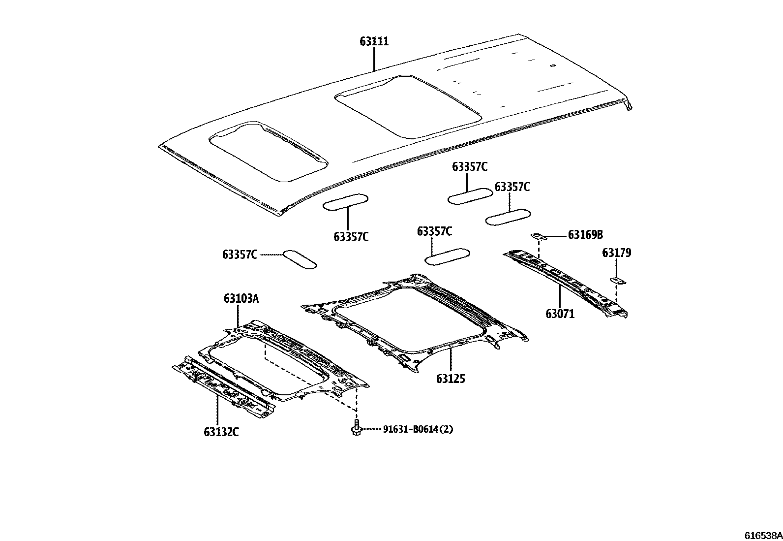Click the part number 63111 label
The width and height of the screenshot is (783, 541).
tap(374, 41)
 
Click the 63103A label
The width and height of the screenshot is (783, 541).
tap(241, 298)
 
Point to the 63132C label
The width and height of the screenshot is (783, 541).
tap(221, 432)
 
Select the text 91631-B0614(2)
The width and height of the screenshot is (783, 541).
tap(418, 429)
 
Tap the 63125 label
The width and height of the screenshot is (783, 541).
tap(451, 379)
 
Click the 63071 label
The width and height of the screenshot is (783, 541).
tap(560, 314)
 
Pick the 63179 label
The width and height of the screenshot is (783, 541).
tap(617, 253)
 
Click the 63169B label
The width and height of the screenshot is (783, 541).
tap(585, 235)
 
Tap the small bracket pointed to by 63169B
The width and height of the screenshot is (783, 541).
tap(540, 237)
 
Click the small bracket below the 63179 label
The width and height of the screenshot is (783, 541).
tap(618, 281)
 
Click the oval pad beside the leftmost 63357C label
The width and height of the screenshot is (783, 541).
tap(299, 259)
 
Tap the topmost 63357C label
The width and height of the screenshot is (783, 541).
tap(470, 167)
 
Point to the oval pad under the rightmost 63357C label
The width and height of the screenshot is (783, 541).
tap(508, 217)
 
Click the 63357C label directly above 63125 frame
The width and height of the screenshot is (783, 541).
tap(434, 231)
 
